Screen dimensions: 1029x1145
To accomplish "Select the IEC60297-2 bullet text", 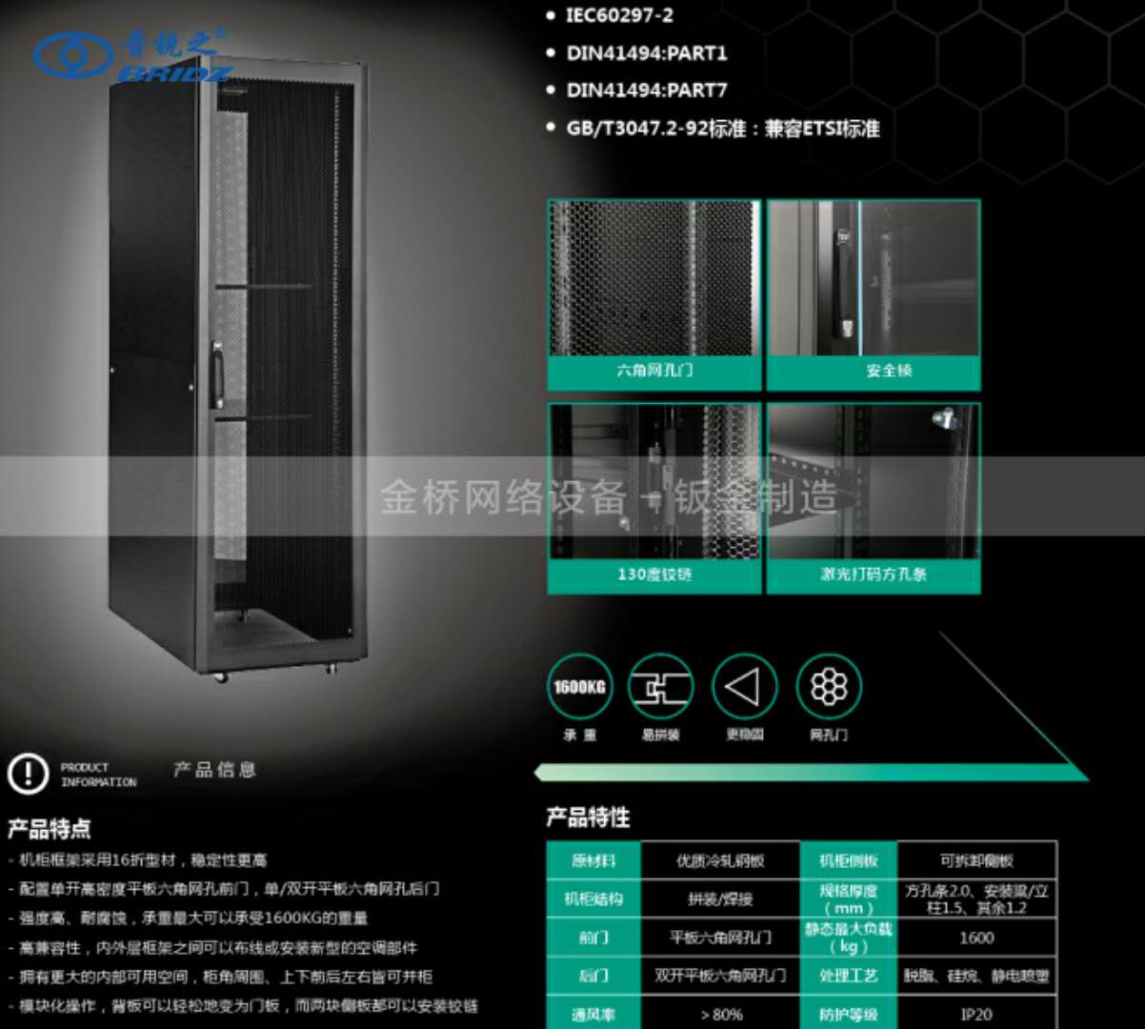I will (619, 15).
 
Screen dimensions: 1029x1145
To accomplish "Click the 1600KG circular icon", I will (580, 686).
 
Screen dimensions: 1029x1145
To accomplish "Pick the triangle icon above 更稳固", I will (744, 686).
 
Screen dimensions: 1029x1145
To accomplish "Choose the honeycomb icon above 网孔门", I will (828, 686).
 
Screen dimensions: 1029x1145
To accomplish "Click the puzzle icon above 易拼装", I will (660, 686).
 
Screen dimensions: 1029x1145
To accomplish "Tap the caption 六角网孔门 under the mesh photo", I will (654, 371).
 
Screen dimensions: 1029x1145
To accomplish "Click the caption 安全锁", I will (888, 371).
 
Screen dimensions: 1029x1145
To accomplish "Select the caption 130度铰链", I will (654, 575).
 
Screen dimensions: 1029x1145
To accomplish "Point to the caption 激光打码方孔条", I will (874, 575).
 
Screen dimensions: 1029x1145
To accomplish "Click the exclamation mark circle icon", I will (28, 774).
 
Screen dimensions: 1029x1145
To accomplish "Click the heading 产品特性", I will (588, 817).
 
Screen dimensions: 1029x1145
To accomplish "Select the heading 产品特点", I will (50, 829).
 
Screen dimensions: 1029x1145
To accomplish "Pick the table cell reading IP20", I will (976, 1015).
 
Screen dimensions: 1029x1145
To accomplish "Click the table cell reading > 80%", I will (721, 1015).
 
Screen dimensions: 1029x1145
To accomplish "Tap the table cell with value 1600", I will (976, 938).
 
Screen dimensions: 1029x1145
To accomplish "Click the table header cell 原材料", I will (593, 860).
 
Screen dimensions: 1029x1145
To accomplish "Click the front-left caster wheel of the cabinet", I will (221, 676).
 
